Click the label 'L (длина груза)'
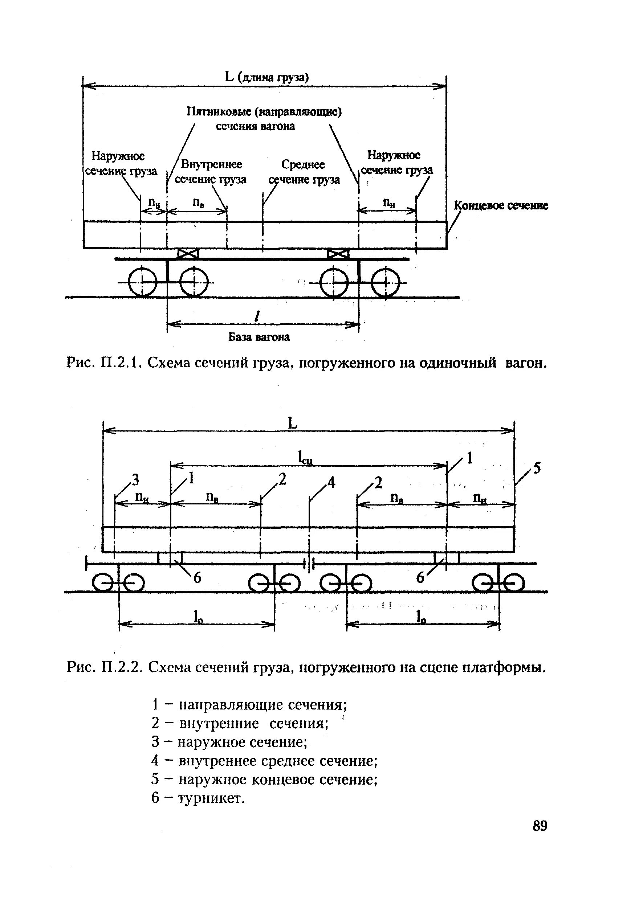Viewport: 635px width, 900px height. point(267,77)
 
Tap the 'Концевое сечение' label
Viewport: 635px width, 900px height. point(501,206)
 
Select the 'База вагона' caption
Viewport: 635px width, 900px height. point(259,337)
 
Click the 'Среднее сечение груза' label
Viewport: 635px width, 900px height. point(304,172)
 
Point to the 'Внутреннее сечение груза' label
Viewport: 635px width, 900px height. point(211,172)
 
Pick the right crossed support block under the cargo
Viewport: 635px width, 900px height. point(338,254)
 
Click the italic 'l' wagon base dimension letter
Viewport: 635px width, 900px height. point(257,316)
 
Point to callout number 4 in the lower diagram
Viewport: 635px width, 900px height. point(331,483)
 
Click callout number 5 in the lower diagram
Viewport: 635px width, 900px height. point(536,468)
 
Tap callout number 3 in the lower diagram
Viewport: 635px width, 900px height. point(135,479)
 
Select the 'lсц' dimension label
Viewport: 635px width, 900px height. point(305,458)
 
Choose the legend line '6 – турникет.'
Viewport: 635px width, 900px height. point(198,798)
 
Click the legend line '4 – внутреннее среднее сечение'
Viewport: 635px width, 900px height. point(264,761)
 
